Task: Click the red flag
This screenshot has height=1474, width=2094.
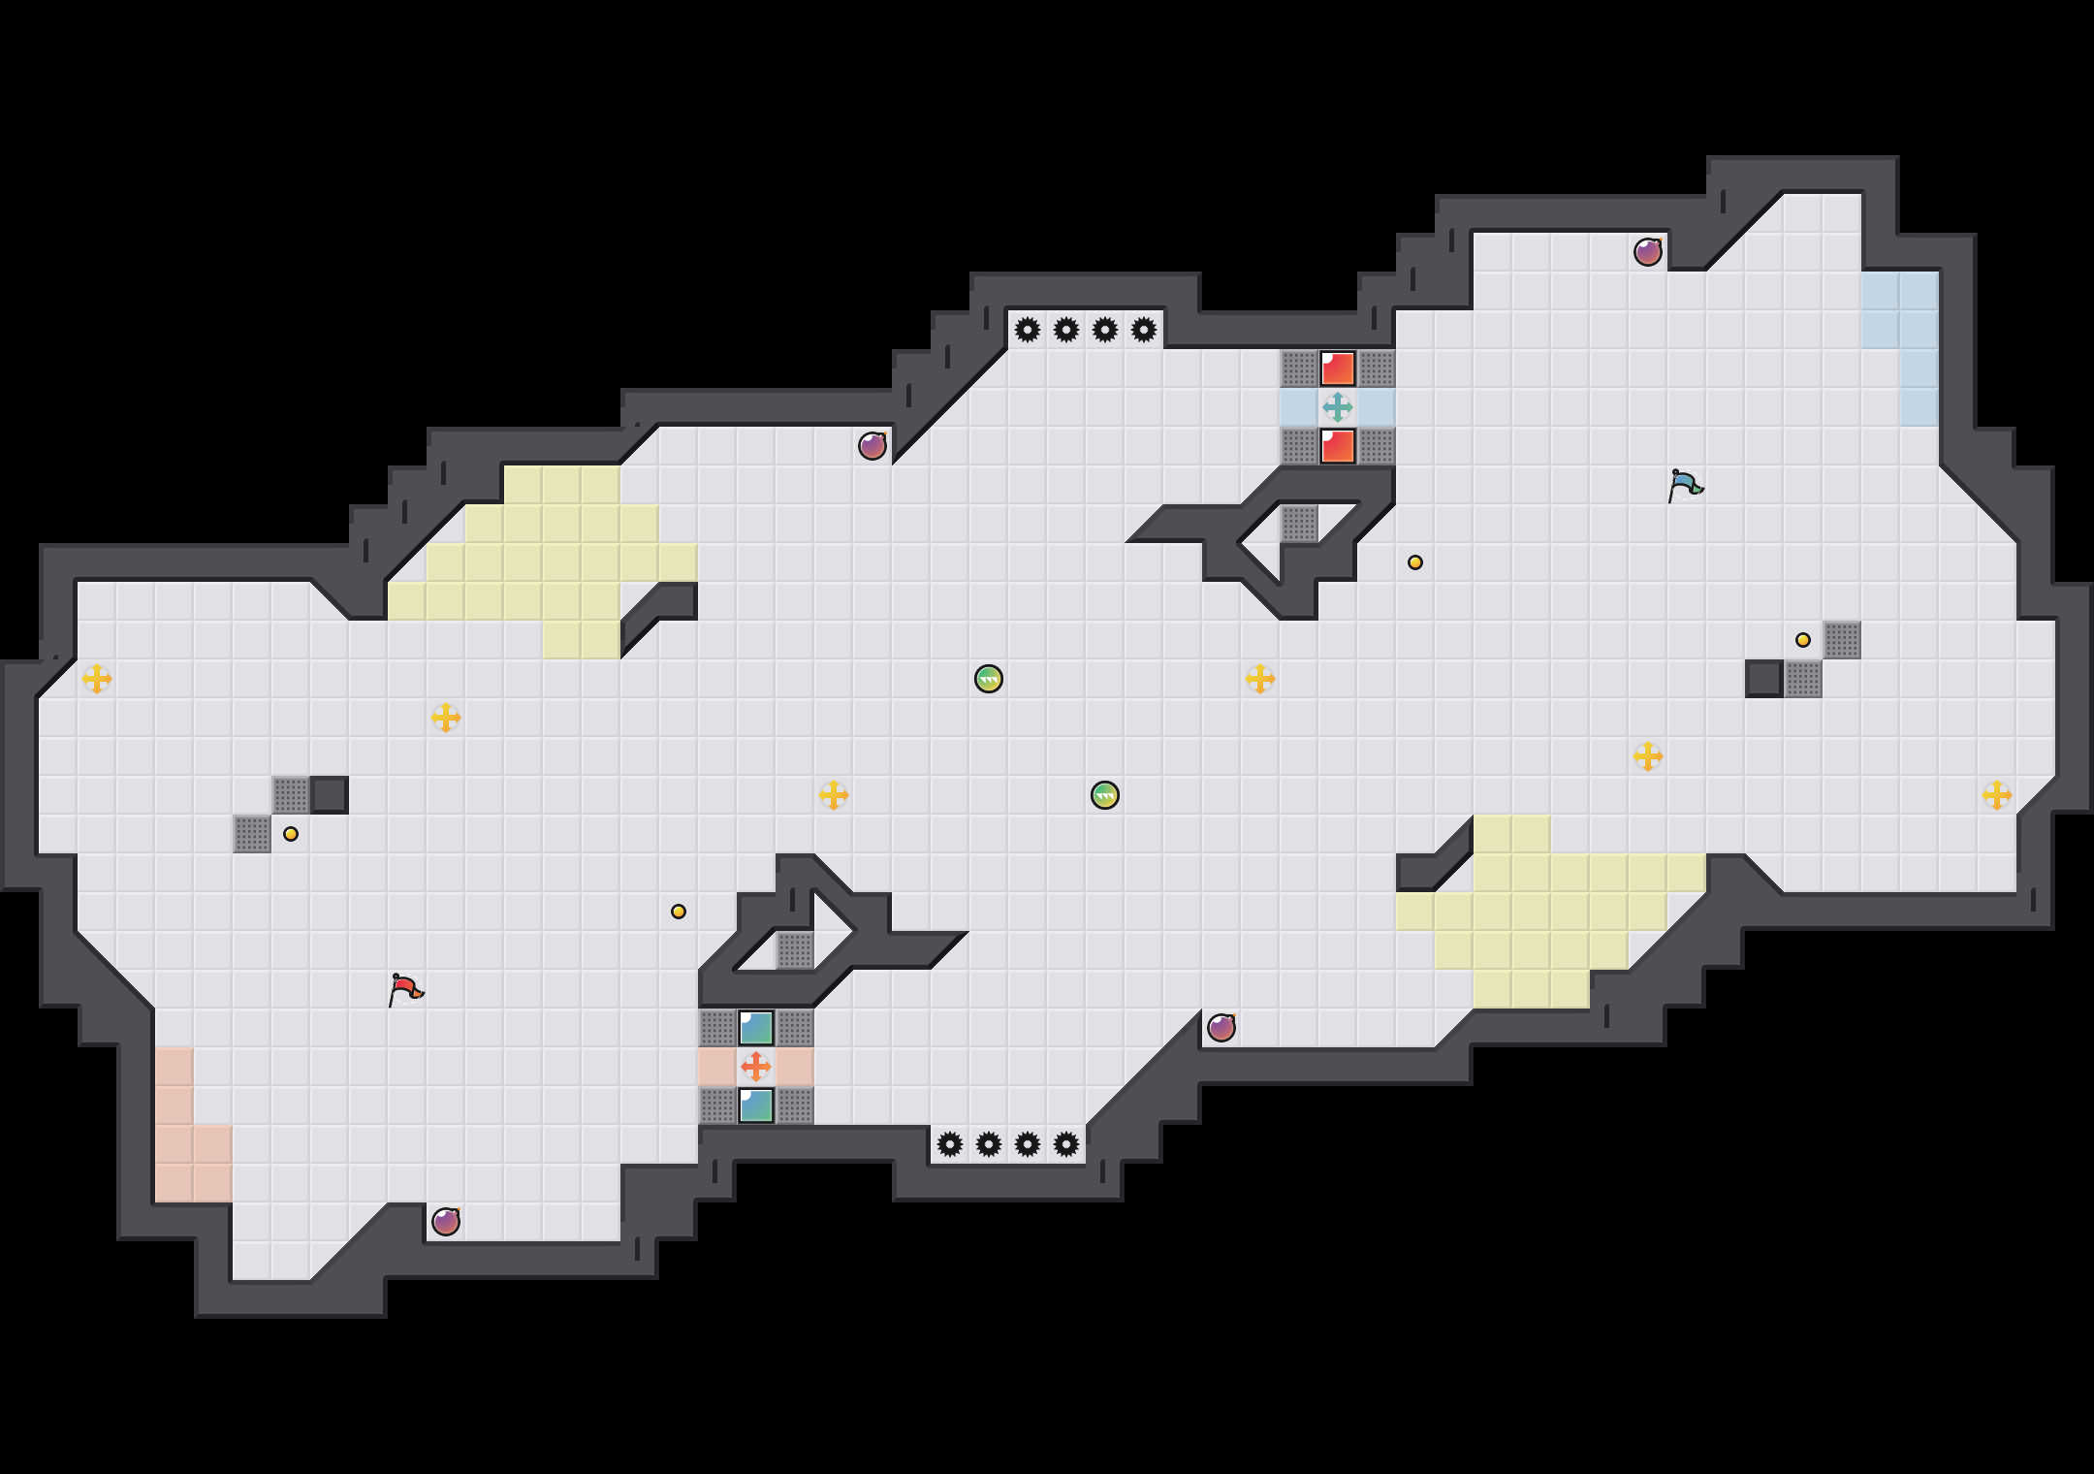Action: tap(405, 989)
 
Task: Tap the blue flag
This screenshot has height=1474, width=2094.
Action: tap(1685, 485)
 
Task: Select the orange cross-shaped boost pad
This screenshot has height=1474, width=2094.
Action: tap(756, 1067)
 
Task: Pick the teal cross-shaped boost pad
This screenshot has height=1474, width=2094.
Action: tap(1338, 407)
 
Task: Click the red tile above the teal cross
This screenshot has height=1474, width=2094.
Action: tap(1338, 368)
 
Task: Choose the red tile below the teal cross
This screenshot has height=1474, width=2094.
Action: tap(1338, 446)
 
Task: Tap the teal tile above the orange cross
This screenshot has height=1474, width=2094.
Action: tap(756, 1028)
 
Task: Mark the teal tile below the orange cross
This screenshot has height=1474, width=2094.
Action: tap(756, 1105)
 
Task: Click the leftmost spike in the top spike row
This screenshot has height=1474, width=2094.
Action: tap(1028, 330)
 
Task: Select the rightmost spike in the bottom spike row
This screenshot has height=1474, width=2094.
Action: tap(1066, 1144)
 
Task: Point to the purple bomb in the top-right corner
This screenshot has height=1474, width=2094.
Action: tap(1648, 252)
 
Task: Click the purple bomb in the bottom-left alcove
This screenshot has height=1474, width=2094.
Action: tap(446, 1222)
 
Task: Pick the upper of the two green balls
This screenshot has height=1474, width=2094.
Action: tap(989, 679)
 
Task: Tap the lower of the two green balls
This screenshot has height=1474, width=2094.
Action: tap(1105, 795)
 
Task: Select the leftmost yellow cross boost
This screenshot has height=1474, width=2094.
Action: tap(97, 679)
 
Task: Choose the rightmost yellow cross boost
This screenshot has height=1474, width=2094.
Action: tap(1997, 795)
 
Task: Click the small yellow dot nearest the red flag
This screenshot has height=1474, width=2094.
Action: tap(291, 834)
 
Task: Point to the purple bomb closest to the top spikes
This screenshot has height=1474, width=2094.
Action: tap(872, 446)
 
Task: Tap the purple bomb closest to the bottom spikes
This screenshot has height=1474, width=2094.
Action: tap(1221, 1028)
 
